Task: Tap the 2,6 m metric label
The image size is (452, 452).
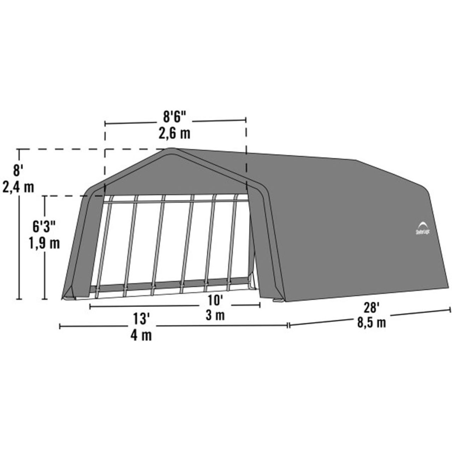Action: (x=176, y=133)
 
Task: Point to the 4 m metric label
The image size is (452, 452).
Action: (x=141, y=335)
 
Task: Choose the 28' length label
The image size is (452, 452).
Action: (x=371, y=308)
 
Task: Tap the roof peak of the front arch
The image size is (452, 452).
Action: (x=172, y=149)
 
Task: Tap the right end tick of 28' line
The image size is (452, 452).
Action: (x=450, y=310)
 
